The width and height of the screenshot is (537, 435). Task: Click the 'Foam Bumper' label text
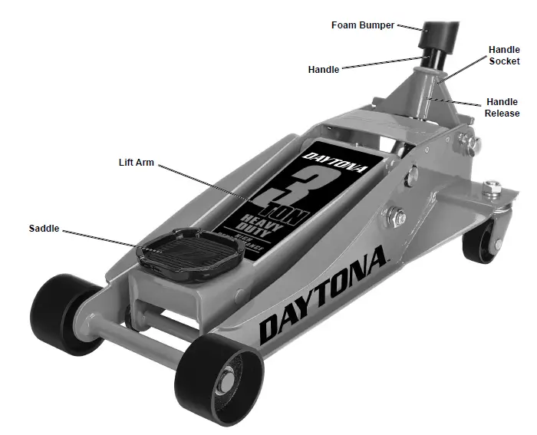[362, 25]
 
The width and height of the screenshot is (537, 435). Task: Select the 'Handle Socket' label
[504, 55]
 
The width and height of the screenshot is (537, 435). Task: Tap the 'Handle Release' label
[502, 107]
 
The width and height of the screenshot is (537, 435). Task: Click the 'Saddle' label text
[44, 229]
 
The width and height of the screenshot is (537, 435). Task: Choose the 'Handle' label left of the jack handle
[323, 70]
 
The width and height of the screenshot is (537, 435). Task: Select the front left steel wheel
[58, 311]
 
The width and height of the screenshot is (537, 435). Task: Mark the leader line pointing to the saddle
[100, 237]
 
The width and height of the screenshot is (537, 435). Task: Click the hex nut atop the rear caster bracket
[491, 186]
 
